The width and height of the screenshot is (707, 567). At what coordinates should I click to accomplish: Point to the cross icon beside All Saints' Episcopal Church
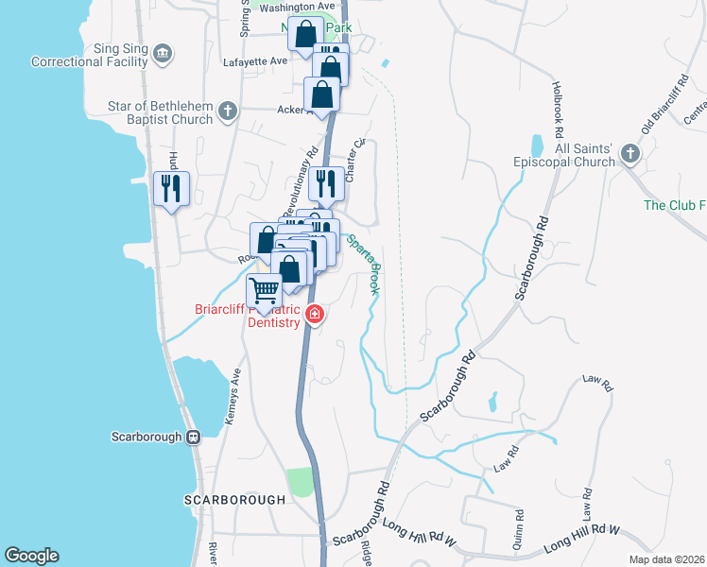click(x=630, y=154)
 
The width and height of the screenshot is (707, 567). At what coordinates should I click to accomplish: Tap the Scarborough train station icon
click(x=193, y=438)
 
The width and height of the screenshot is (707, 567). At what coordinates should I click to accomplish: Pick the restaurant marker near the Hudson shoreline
click(x=171, y=188)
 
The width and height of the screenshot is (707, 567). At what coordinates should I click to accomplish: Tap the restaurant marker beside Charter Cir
click(x=326, y=183)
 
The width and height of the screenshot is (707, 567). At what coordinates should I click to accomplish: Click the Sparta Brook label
click(x=363, y=264)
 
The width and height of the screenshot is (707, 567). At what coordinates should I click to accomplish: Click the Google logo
click(x=31, y=556)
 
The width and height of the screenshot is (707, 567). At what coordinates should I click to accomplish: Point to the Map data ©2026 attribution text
click(x=666, y=559)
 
